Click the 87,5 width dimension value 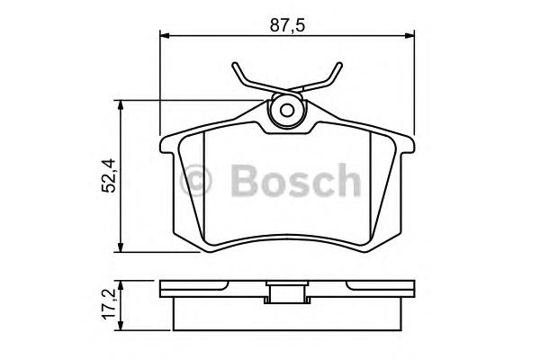click(x=287, y=25)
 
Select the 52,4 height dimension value click(x=110, y=175)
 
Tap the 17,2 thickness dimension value click(x=110, y=305)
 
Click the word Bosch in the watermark click(x=295, y=180)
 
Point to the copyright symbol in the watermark click(x=195, y=180)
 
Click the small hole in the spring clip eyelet click(x=286, y=111)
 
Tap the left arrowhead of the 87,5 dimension click(x=166, y=35)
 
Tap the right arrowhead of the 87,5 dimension click(x=409, y=35)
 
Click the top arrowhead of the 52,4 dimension click(x=121, y=105)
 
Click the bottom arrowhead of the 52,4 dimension click(x=121, y=247)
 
